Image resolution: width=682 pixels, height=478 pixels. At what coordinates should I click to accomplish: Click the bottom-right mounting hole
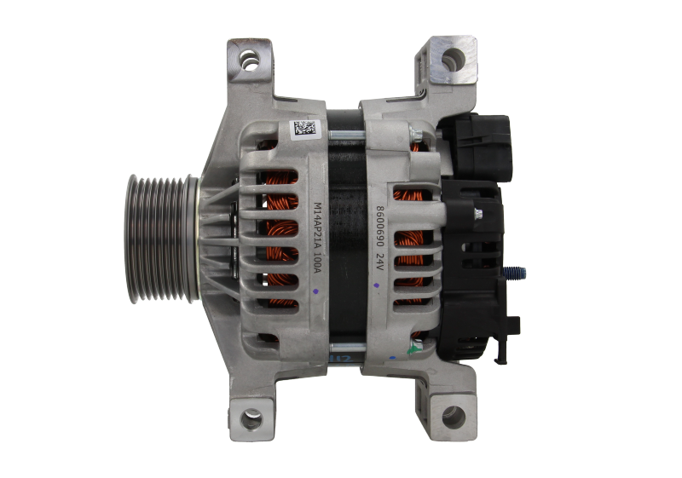(453, 417)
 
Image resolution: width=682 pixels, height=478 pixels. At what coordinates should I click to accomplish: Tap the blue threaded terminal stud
(517, 274)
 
